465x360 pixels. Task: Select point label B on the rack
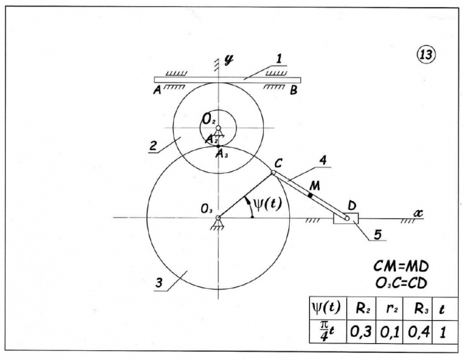(295, 90)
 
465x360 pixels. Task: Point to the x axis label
(418, 211)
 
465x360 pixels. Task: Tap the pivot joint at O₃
(219, 218)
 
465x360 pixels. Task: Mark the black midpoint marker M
(310, 195)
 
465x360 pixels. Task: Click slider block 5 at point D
(346, 218)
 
